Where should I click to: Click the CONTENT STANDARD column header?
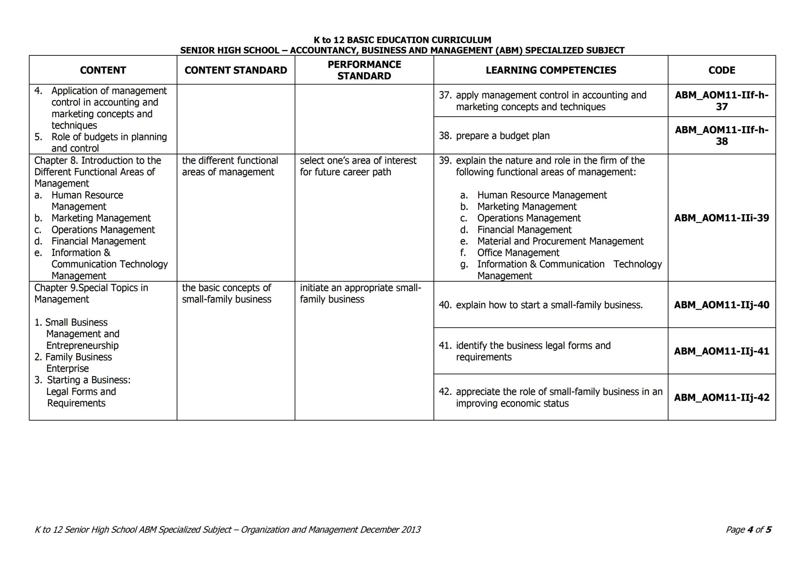236,70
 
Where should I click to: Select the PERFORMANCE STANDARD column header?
364,70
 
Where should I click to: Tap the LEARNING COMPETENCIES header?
551,70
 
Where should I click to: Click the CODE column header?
722,70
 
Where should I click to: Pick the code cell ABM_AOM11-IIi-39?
722,218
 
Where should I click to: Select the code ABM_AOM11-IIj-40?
722,305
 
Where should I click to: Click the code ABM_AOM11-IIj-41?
722,351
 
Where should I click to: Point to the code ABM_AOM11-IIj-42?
722,398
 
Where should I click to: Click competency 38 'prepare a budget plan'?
502,136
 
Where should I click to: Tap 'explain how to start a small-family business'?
549,305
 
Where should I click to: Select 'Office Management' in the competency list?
518,253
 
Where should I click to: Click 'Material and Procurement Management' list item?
560,241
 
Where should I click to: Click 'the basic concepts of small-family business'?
226,294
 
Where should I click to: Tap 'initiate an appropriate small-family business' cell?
360,294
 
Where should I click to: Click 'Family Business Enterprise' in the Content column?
79,363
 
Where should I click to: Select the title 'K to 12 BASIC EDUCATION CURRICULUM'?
402,40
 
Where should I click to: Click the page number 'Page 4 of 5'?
748,530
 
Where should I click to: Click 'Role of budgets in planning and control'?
109,143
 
